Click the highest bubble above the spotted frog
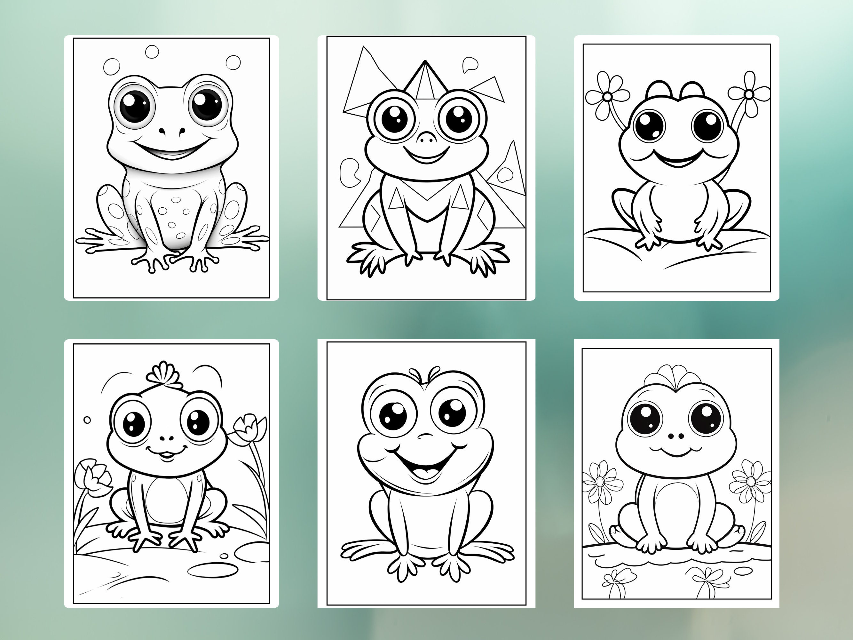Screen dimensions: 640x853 coord(152,51)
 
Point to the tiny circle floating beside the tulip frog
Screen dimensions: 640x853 coord(87,420)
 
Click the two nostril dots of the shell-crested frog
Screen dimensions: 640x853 coord(675,436)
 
